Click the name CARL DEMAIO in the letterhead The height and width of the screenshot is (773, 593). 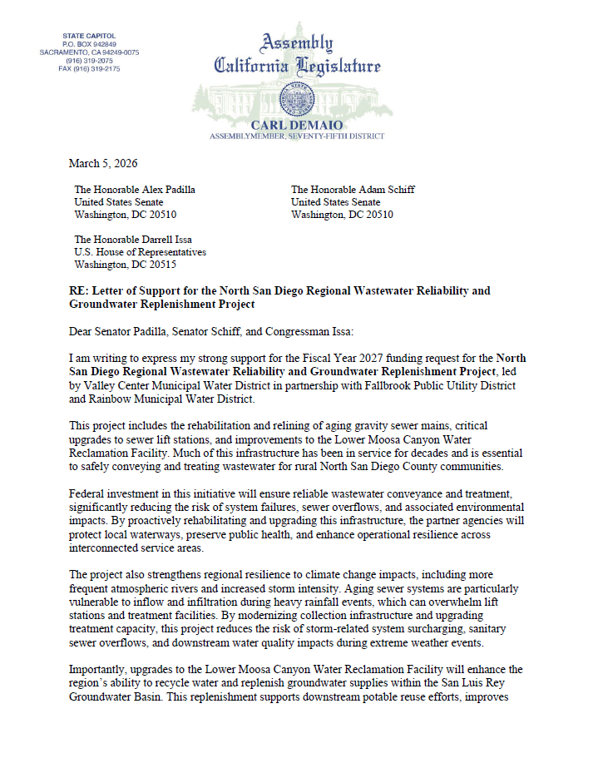(x=298, y=123)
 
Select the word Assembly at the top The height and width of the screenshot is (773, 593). (x=298, y=43)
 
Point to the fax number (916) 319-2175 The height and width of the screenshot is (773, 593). (x=90, y=69)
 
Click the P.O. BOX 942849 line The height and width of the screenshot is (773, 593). (x=90, y=44)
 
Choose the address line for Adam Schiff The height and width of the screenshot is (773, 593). (x=353, y=189)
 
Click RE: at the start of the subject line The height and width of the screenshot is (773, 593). (x=78, y=290)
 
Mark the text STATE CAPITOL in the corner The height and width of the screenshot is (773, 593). (x=90, y=36)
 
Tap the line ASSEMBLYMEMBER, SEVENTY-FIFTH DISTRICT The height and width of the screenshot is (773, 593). (x=297, y=135)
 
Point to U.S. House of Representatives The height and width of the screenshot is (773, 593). (x=141, y=252)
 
